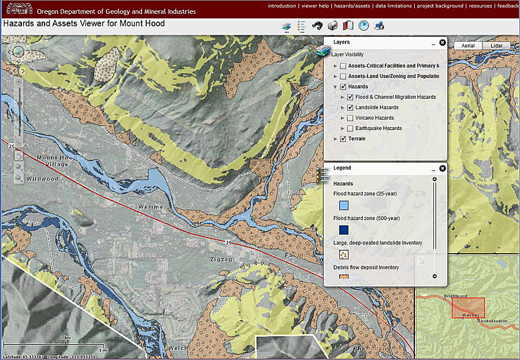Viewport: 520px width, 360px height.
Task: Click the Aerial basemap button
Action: pos(468,46)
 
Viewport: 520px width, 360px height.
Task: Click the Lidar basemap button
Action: pos(496,46)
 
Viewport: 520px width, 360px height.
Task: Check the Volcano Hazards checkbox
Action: pos(351,118)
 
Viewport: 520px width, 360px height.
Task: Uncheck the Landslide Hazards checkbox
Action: pos(351,107)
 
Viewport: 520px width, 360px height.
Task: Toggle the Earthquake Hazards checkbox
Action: pos(351,128)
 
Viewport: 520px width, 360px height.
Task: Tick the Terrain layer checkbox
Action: pos(343,139)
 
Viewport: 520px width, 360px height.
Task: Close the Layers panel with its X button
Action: pos(442,43)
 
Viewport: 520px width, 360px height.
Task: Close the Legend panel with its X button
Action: pos(442,169)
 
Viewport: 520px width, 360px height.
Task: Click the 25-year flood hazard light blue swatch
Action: pos(344,205)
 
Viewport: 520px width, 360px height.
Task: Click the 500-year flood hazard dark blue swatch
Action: pos(344,230)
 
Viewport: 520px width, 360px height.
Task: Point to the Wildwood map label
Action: pos(42,179)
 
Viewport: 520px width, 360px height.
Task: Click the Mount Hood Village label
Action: pos(53,161)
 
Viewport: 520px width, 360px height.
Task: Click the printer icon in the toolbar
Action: pos(379,26)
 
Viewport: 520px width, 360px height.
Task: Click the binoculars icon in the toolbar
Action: pos(317,26)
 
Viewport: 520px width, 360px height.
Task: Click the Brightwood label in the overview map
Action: pos(455,296)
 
